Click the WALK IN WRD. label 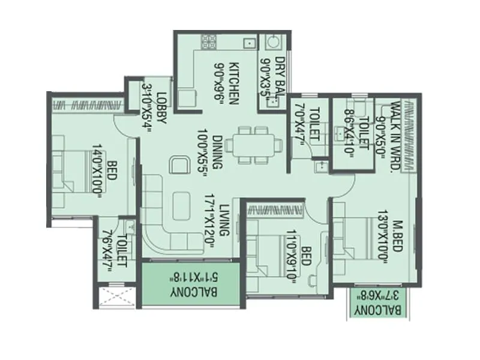click(x=395, y=137)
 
